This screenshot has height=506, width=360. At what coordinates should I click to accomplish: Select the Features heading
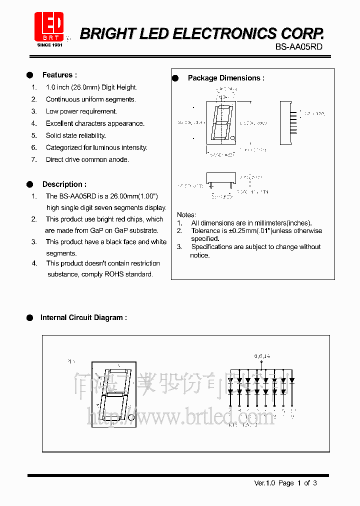(59, 75)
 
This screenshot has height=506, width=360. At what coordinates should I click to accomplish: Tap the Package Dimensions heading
(226, 78)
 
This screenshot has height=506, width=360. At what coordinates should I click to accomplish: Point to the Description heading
(64, 184)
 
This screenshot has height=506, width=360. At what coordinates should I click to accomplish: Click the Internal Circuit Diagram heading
(83, 317)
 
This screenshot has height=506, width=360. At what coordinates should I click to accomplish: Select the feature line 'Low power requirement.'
(81, 111)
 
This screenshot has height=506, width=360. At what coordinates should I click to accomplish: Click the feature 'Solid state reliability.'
(76, 135)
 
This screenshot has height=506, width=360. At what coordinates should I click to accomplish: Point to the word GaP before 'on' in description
(96, 230)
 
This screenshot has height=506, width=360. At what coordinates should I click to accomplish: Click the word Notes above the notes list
(186, 215)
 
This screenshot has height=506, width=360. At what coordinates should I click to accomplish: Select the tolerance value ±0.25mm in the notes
(240, 231)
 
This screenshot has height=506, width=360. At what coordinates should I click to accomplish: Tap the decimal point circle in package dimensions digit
(231, 138)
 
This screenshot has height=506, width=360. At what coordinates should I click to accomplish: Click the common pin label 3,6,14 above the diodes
(261, 356)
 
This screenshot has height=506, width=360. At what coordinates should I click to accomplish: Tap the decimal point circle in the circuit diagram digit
(131, 416)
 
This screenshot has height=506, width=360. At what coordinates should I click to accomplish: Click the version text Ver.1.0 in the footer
(264, 483)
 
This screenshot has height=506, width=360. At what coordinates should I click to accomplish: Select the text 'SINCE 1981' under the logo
(49, 44)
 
